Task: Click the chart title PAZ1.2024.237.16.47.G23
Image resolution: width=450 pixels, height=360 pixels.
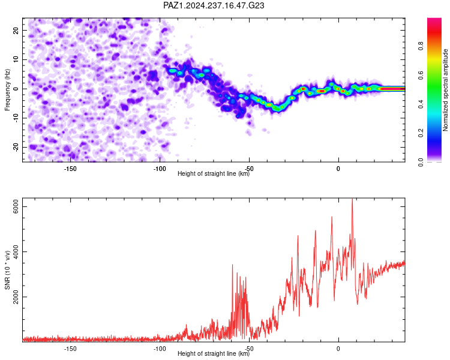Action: (x=214, y=5)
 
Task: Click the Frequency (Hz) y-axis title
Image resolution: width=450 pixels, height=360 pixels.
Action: (x=7, y=90)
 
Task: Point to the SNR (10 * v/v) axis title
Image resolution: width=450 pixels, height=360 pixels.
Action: (x=7, y=270)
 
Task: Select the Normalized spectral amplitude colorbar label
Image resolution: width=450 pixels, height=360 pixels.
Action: (x=445, y=90)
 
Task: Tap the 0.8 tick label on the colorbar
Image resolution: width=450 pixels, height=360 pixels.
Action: (x=421, y=46)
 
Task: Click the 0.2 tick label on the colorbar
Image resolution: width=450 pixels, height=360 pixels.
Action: (x=421, y=133)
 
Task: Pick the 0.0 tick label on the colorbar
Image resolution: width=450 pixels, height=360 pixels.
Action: (x=421, y=162)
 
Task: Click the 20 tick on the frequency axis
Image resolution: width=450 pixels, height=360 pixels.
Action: (x=16, y=30)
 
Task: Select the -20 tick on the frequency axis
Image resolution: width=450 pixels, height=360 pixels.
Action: (x=16, y=147)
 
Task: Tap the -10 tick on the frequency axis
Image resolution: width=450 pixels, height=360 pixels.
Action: (x=16, y=118)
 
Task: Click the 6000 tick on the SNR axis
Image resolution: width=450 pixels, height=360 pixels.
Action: (x=16, y=206)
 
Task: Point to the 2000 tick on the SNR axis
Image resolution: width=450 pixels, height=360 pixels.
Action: (x=16, y=297)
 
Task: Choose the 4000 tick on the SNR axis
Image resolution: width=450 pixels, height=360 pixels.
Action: (x=16, y=252)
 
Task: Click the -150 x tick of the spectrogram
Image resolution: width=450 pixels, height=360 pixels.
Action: (x=70, y=169)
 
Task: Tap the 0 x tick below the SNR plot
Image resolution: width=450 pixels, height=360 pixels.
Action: (x=338, y=349)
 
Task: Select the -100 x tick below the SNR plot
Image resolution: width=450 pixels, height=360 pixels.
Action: (x=160, y=349)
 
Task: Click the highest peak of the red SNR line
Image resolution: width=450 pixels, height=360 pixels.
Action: (x=352, y=199)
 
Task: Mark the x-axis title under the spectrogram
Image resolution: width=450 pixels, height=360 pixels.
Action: (x=214, y=173)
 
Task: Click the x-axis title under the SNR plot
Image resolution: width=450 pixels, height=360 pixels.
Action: (x=214, y=353)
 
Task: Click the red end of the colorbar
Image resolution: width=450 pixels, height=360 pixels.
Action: (x=434, y=20)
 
